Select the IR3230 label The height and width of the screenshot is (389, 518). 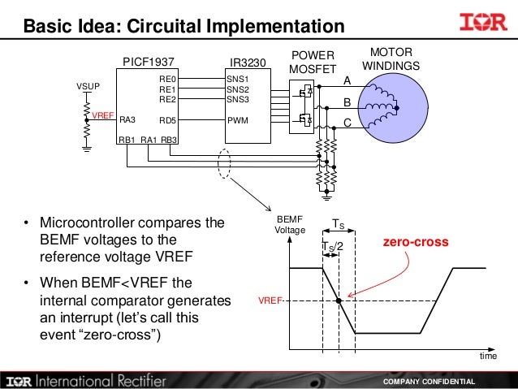[x=248, y=61]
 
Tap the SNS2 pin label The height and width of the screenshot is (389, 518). [x=237, y=89]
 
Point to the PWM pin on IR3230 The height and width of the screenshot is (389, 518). [x=237, y=119]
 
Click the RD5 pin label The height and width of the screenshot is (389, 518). [x=168, y=119]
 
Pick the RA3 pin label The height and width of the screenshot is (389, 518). [x=127, y=119]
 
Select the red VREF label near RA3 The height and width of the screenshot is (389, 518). [x=101, y=116]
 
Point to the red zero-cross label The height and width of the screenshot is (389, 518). [x=414, y=242]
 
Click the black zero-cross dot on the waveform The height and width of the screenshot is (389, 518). [x=339, y=300]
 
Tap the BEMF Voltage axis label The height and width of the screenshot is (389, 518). [x=289, y=225]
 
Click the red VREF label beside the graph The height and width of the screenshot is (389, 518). [x=269, y=300]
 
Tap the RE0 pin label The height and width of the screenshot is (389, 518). [x=168, y=80]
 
